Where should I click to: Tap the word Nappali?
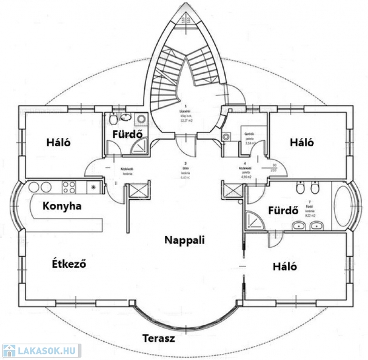point(185,240)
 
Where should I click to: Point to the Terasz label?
point(159,337)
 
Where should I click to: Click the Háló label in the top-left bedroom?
point(58,142)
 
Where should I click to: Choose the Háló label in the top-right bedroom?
point(302,142)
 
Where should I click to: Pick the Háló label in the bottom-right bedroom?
point(286,266)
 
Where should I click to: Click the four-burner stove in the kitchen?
point(69,187)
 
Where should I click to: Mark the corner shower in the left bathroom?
point(139,148)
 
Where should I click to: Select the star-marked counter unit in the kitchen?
point(94,187)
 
